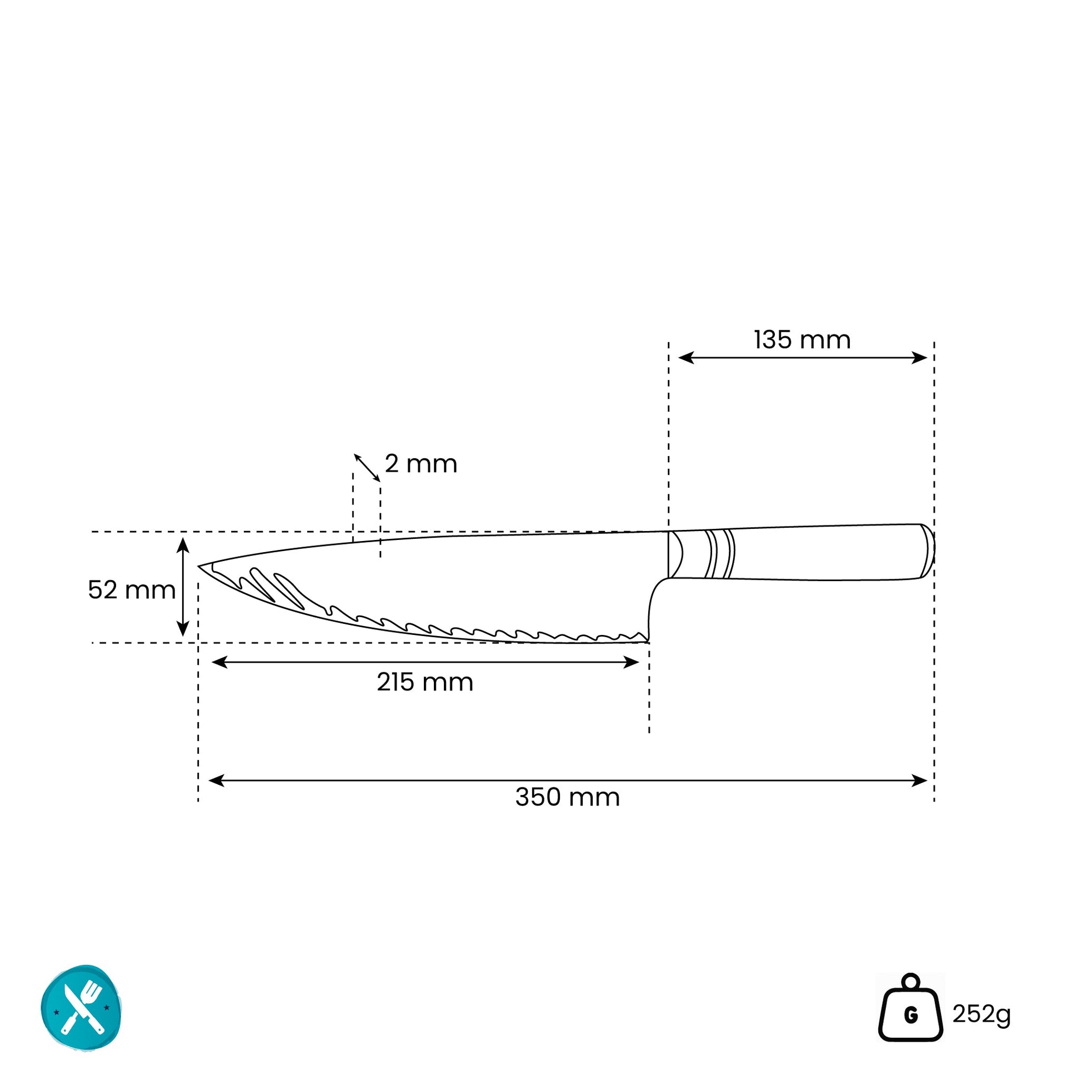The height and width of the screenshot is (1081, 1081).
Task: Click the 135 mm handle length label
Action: pos(802,340)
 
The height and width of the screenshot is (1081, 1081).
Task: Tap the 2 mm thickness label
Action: pos(421,464)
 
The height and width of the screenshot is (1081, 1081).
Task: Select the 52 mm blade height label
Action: pos(132,590)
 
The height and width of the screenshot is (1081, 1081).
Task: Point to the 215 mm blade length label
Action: pos(424,682)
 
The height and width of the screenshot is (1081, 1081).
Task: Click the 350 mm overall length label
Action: pos(567,797)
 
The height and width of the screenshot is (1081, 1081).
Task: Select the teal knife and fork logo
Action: pos(82,1008)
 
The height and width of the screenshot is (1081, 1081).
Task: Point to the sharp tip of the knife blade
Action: pos(199,566)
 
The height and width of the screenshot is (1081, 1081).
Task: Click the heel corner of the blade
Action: pos(648,642)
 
